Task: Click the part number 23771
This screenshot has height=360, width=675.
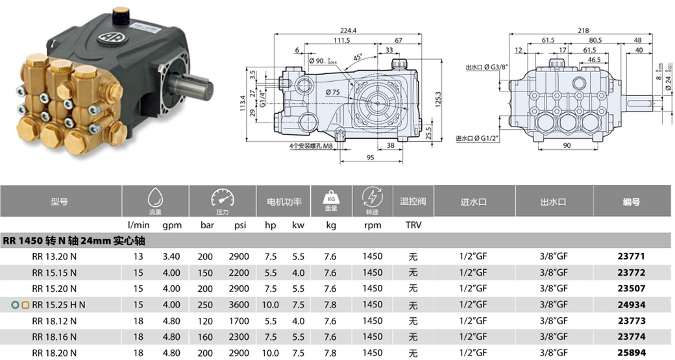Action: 631,257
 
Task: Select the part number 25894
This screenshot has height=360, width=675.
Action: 631,352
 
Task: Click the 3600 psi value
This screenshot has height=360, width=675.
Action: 239,304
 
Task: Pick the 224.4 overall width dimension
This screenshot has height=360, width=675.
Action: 349,30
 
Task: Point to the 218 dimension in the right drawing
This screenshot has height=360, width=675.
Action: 583,30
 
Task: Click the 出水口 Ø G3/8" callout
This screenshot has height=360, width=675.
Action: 489,67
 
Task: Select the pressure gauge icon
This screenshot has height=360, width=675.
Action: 222,197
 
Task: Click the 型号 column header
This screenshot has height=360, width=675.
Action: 59,202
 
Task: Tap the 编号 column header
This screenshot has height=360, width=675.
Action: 632,202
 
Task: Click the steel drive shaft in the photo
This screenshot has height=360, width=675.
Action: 195,85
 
